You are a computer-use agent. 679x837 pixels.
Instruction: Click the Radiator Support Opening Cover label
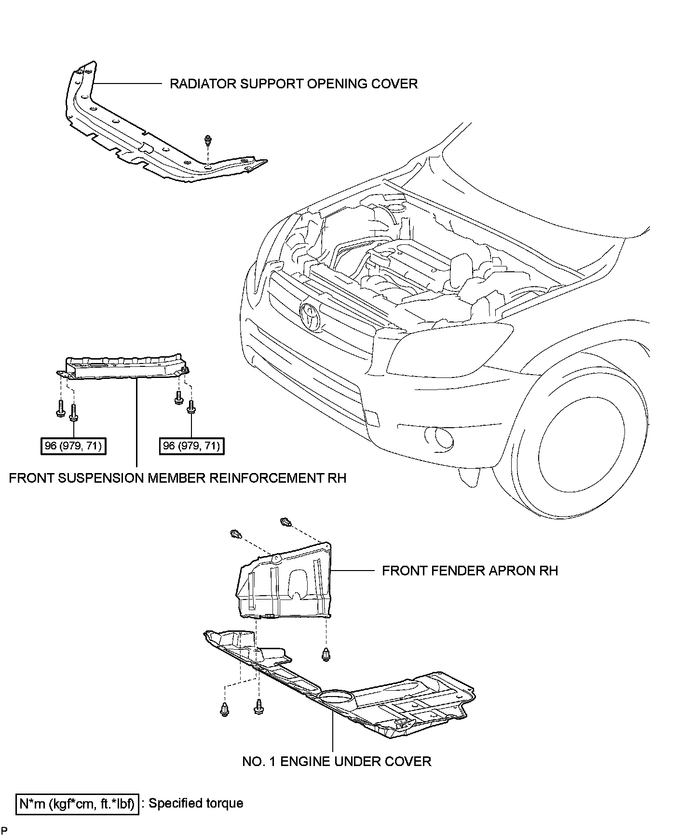(x=293, y=84)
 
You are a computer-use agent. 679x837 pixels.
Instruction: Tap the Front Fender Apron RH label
(x=469, y=571)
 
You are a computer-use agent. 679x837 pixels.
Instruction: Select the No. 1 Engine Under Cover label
(x=336, y=761)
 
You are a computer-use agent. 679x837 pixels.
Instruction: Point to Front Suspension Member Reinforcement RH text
(x=177, y=478)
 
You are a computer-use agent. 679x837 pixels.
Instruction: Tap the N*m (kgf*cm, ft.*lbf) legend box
(x=78, y=804)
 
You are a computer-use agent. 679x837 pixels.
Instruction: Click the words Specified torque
(x=196, y=803)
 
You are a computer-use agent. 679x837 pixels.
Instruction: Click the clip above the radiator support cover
(x=207, y=140)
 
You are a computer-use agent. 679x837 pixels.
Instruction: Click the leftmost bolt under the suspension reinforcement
(x=60, y=408)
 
